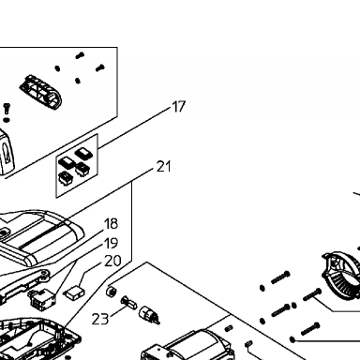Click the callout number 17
pos(179,107)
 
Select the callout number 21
pos(164,167)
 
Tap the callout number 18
pos(111,224)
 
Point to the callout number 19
pos(111,243)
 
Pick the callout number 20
pos(112,261)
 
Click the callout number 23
pos(100,319)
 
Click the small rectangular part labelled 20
pos(74,292)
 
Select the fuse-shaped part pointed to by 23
pos(129,302)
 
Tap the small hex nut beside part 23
pos(112,292)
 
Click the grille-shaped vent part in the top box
pos(41,92)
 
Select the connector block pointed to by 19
pos(41,300)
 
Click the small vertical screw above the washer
pos(7,109)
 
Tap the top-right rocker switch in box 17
pos(84,154)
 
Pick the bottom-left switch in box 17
pos(66,177)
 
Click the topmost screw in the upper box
pos(80,55)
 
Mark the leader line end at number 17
pos(172,108)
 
